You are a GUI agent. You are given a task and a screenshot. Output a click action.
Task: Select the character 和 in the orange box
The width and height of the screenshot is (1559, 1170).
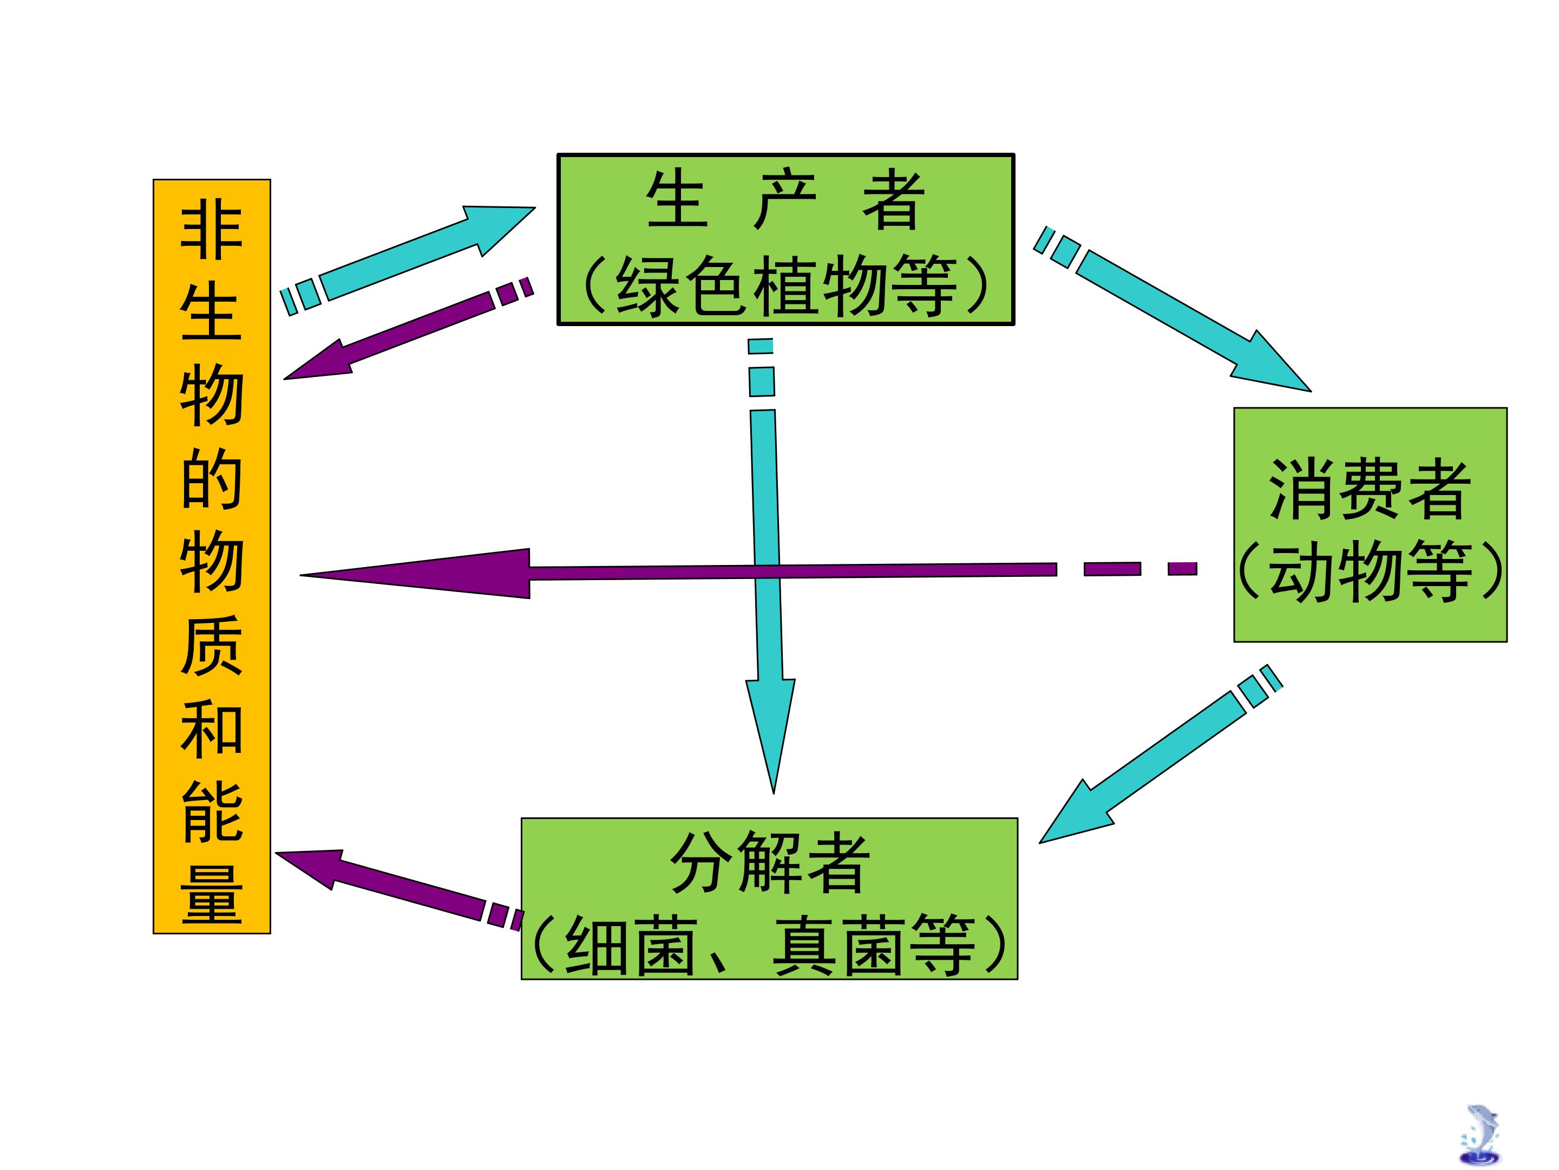point(212,729)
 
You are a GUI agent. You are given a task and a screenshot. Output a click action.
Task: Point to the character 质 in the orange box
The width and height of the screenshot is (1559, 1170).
point(212,645)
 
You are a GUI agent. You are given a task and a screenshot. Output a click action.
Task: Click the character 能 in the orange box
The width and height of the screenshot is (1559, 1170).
point(212,812)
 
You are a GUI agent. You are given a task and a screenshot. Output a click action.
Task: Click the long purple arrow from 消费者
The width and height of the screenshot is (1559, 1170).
point(749,573)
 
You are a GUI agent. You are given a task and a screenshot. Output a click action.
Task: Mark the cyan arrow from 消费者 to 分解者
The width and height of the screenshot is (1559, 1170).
point(1161,753)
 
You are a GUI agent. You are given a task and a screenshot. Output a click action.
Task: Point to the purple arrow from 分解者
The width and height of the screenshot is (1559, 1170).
point(398,890)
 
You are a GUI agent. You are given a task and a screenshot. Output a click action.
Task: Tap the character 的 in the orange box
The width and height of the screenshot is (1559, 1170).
point(212,478)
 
